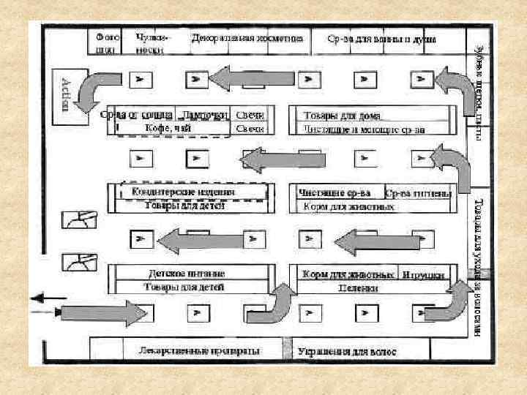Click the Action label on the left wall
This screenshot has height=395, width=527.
66,94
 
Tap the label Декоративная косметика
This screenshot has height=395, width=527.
247,37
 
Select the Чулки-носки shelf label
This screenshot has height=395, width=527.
150,43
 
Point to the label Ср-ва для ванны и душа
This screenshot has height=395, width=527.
382,38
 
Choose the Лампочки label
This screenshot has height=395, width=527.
203,115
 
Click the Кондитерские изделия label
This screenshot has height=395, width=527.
183,192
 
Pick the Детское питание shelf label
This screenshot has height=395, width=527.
186,273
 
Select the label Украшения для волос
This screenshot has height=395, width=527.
347,352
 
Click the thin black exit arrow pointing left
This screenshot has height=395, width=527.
46,298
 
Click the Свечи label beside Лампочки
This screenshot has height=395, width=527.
250,116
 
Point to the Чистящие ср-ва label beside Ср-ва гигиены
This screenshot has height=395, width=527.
335,193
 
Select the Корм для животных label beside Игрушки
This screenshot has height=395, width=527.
344,275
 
